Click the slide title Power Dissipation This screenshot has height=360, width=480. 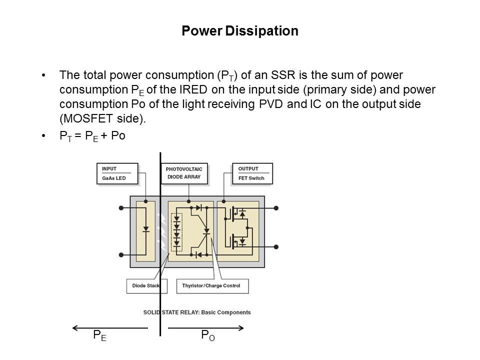pos(240,31)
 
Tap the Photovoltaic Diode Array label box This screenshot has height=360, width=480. pos(184,173)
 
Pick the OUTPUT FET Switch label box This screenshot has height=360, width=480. pos(252,173)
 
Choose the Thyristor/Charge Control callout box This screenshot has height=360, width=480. pos(212,285)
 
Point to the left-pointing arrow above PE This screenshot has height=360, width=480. pos(110,328)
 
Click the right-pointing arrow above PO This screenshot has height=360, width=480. pos(206,328)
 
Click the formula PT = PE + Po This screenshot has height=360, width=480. pos(92,136)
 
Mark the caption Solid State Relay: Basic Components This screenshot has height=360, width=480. pos(197,312)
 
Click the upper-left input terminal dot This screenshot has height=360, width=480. pos(121,207)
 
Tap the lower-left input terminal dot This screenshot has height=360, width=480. pos(121,254)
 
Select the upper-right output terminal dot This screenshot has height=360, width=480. pos(276,207)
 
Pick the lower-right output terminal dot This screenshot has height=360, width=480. pos(276,246)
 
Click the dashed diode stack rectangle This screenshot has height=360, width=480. pos(176,232)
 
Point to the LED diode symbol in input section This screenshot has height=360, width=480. pos(146,230)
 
